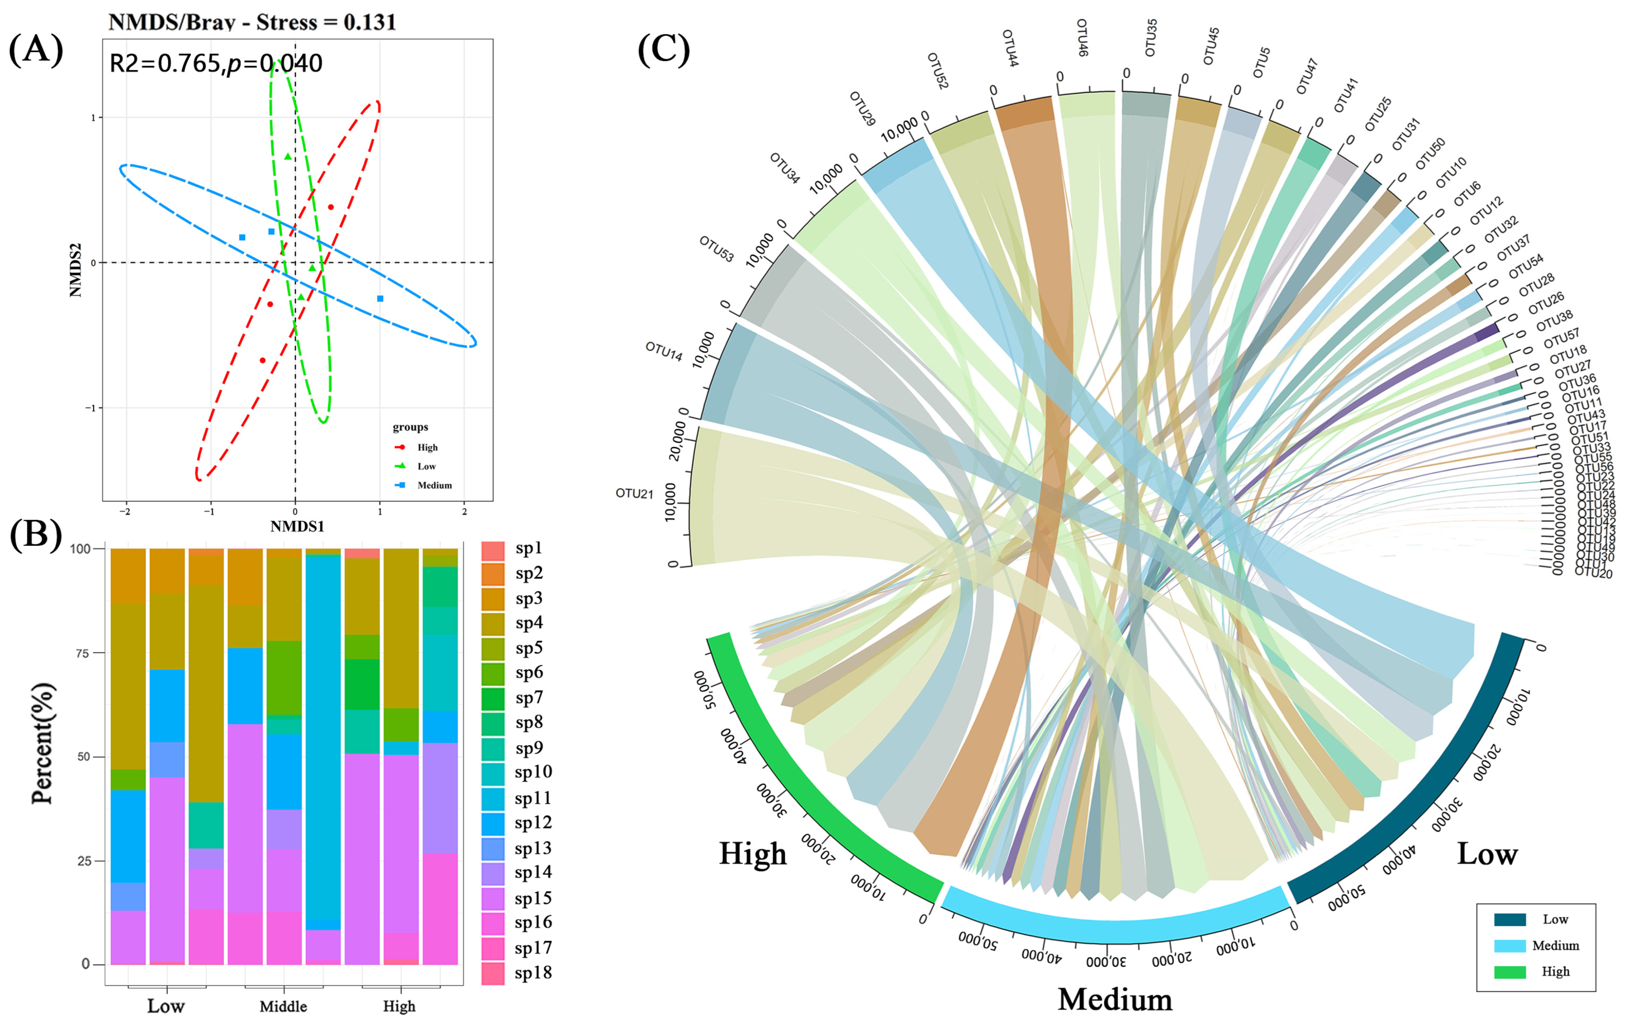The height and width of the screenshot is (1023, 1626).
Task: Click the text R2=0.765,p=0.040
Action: (x=215, y=63)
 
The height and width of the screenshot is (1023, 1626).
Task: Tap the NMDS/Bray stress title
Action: (x=252, y=22)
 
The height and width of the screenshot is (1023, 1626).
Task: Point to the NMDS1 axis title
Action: (x=297, y=526)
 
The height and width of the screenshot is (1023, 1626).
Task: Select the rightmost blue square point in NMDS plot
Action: (x=380, y=298)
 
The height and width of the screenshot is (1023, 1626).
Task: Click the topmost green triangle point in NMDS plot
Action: (x=288, y=157)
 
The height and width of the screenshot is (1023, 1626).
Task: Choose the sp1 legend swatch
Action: (x=493, y=550)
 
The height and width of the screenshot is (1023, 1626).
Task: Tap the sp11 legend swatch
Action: (x=493, y=799)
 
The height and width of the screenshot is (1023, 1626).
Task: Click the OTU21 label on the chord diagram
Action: (x=634, y=493)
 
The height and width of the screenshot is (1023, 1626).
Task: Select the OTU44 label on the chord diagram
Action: (x=1010, y=47)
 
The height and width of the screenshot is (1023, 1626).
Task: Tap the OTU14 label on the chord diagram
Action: (x=664, y=351)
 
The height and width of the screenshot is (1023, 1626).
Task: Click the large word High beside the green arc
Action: (x=753, y=853)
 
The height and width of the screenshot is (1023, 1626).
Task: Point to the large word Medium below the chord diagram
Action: (x=1115, y=999)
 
